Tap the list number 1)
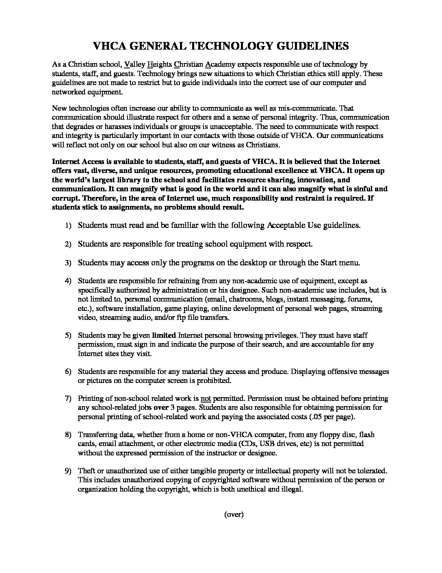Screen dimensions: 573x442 (x=67, y=225)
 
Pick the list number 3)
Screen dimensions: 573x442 (x=67, y=263)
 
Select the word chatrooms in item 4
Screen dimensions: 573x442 (x=236, y=299)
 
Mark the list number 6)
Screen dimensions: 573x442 (x=67, y=372)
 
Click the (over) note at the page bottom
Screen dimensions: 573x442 (x=234, y=514)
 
